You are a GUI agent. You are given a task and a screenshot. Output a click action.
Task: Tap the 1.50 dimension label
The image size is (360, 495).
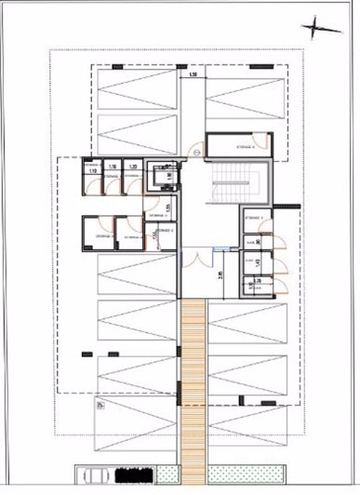click(193, 74)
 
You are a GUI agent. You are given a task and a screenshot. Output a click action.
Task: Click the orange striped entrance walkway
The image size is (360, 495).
click(193, 391)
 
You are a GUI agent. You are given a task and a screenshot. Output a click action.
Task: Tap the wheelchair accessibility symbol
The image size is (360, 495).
click(100, 403)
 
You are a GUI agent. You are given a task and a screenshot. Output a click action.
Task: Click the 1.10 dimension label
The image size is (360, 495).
click(92, 171)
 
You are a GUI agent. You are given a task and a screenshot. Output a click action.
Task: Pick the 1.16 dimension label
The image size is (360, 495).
click(113, 167)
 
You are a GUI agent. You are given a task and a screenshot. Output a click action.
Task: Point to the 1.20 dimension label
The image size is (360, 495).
click(133, 167)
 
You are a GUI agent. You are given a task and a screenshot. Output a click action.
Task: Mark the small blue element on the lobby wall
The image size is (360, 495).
click(217, 249)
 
